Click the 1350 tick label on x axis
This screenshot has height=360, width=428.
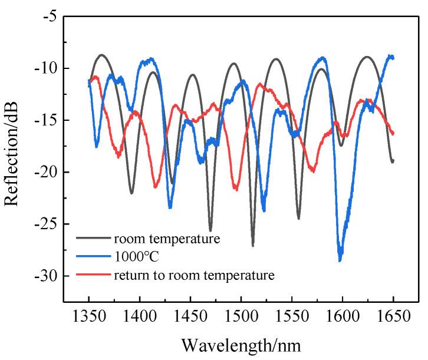[88, 317]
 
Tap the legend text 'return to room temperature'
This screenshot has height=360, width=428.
[194, 274]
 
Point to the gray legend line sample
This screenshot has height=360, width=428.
[93, 239]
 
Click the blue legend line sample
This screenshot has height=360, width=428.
[93, 257]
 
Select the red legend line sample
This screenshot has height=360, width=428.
[93, 275]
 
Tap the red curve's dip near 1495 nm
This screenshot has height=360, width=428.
[236, 189]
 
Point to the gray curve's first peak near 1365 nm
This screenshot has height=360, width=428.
[102, 55]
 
